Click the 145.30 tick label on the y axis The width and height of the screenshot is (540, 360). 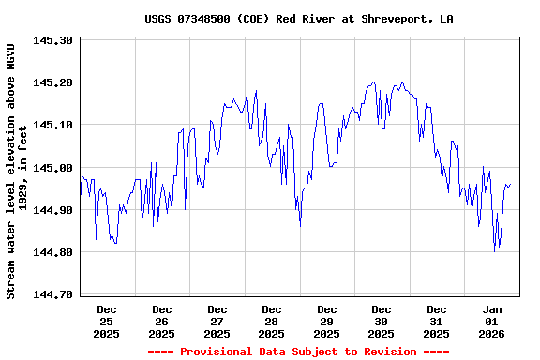click(52, 41)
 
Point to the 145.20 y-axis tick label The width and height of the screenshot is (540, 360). click(52, 82)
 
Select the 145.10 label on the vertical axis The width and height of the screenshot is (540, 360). click(52, 125)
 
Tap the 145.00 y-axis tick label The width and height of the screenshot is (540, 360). click(52, 168)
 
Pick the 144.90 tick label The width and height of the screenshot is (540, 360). click(52, 210)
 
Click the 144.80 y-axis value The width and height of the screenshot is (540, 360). click(52, 252)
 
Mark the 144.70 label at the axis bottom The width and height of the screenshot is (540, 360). click(52, 294)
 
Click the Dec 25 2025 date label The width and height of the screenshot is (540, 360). click(107, 321)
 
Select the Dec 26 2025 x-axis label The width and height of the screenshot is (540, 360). click(162, 321)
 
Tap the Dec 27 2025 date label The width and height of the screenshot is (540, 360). click(217, 321)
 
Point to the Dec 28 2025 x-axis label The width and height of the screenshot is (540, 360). click(272, 321)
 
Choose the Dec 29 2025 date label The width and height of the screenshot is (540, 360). click(326, 321)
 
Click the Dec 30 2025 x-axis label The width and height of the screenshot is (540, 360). click(382, 321)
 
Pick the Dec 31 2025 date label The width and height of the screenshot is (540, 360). click(436, 321)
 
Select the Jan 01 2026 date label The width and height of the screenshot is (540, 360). click(492, 321)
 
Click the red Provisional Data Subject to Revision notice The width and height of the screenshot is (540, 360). click(297, 352)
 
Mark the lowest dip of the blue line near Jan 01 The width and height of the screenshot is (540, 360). click(495, 250)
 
